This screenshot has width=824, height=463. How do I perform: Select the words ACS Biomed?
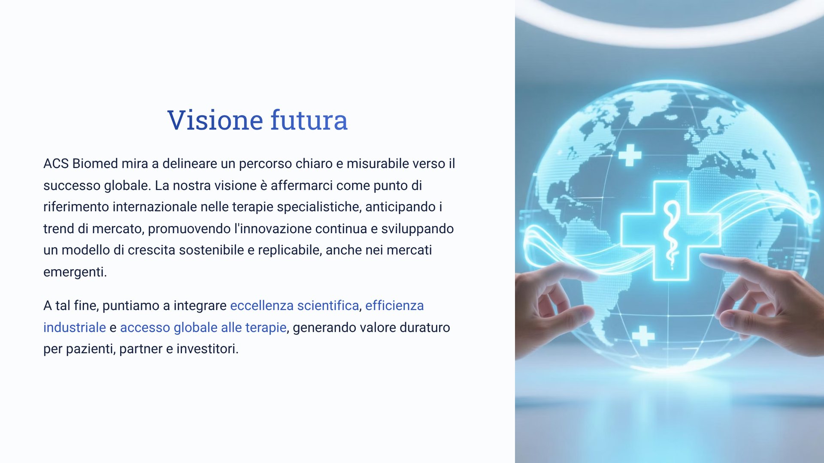pos(81,163)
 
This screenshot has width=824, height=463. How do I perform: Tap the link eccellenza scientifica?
pos(294,305)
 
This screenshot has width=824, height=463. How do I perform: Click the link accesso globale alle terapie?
pos(203,327)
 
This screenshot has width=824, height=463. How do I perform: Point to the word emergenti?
pos(75,272)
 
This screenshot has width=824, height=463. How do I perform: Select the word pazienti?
pos(91,349)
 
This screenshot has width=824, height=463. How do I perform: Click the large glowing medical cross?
pos(670,230)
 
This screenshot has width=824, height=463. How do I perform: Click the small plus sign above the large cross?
pos(630,155)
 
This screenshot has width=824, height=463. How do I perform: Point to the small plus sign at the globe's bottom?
pos(643,336)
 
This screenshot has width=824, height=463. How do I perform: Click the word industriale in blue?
pos(75,327)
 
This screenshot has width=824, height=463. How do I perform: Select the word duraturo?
pos(425,327)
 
